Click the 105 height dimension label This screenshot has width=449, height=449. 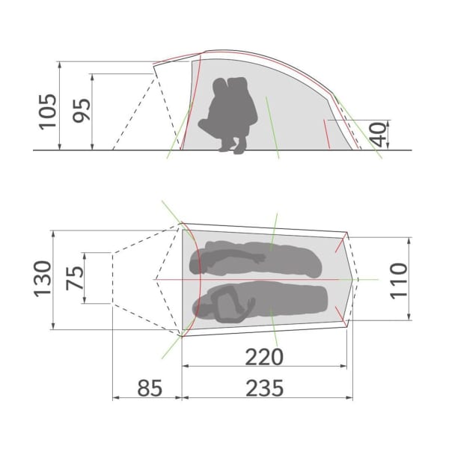[48, 112]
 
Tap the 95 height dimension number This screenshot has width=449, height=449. [82, 111]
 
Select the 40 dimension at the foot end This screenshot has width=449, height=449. [377, 135]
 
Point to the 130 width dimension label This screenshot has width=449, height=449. [43, 279]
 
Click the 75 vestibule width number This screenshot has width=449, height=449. [75, 278]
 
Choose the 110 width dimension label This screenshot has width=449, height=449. [399, 281]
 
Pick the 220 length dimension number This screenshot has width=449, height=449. [264, 357]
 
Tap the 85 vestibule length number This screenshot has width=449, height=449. [150, 388]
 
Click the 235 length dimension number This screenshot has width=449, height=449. [265, 388]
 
